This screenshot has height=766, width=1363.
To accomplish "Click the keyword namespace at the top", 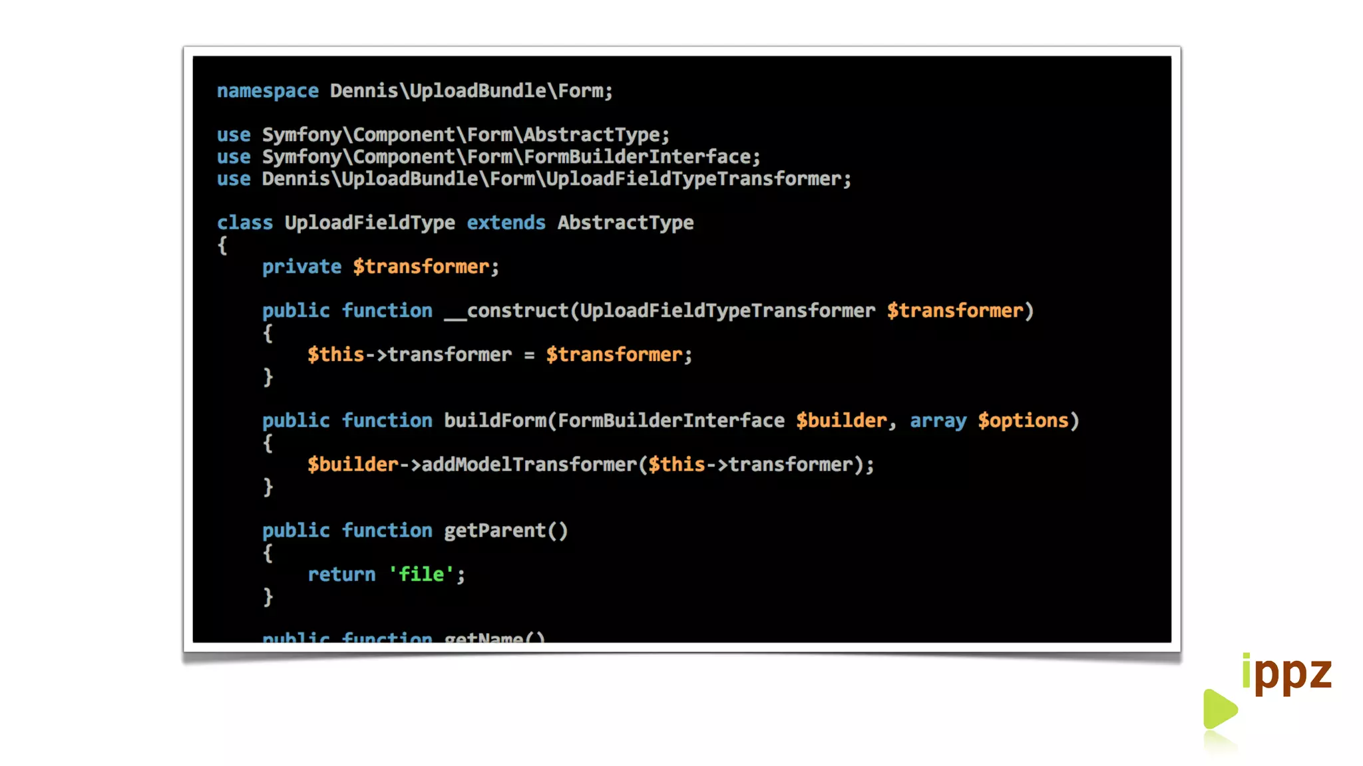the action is pos(268,91).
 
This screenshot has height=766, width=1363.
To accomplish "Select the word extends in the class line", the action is pos(506,223).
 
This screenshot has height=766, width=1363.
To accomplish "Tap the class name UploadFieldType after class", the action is pos(369,223).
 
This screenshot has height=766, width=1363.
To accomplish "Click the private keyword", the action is pos(301,267).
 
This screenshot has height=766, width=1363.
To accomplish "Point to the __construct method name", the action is pos(506,311).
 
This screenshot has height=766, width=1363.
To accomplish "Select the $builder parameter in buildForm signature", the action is pos(841,420).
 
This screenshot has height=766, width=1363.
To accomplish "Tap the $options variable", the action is pos(1023,420).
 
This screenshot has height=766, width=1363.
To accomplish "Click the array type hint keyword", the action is pos(938,420).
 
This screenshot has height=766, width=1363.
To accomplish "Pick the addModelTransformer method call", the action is pos(529,464).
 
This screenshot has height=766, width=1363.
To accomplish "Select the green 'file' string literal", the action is pos(421,574).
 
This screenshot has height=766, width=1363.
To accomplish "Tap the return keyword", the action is pos(341,574).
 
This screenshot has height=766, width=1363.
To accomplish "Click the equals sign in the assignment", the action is pos(529,355).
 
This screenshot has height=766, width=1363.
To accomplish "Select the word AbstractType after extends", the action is pos(626,223).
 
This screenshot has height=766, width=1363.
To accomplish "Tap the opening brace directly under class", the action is pos(222,245).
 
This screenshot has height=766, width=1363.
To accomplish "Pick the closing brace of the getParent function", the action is pos(268,596).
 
